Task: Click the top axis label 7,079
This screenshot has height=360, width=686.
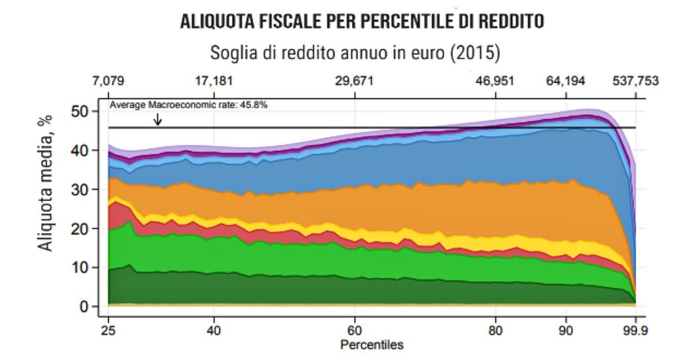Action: tap(108, 82)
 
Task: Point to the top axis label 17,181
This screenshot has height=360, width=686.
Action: tap(214, 82)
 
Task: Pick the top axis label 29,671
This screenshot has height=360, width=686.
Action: tap(355, 82)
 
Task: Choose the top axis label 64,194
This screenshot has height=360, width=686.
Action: tap(566, 82)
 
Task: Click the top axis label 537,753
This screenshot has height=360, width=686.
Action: tap(636, 82)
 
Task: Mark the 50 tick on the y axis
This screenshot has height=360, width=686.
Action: tap(80, 111)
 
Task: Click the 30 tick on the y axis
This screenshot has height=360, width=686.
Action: tap(80, 189)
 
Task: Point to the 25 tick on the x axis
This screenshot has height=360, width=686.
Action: tap(108, 330)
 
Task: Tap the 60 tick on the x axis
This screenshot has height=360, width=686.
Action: tap(355, 330)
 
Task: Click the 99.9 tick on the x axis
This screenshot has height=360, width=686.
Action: tap(636, 330)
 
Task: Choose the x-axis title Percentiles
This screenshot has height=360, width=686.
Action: tap(372, 344)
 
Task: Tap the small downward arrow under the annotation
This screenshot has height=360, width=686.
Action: tap(157, 120)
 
